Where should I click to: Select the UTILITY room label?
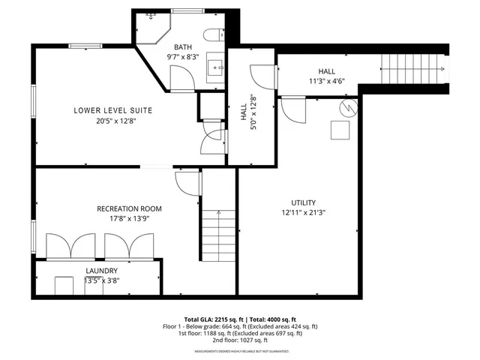(x=304, y=202)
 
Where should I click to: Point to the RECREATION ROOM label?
(x=129, y=208)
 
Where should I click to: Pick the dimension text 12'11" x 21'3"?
(x=304, y=212)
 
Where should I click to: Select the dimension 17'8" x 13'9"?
(x=129, y=218)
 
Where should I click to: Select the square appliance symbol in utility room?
(x=342, y=130)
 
